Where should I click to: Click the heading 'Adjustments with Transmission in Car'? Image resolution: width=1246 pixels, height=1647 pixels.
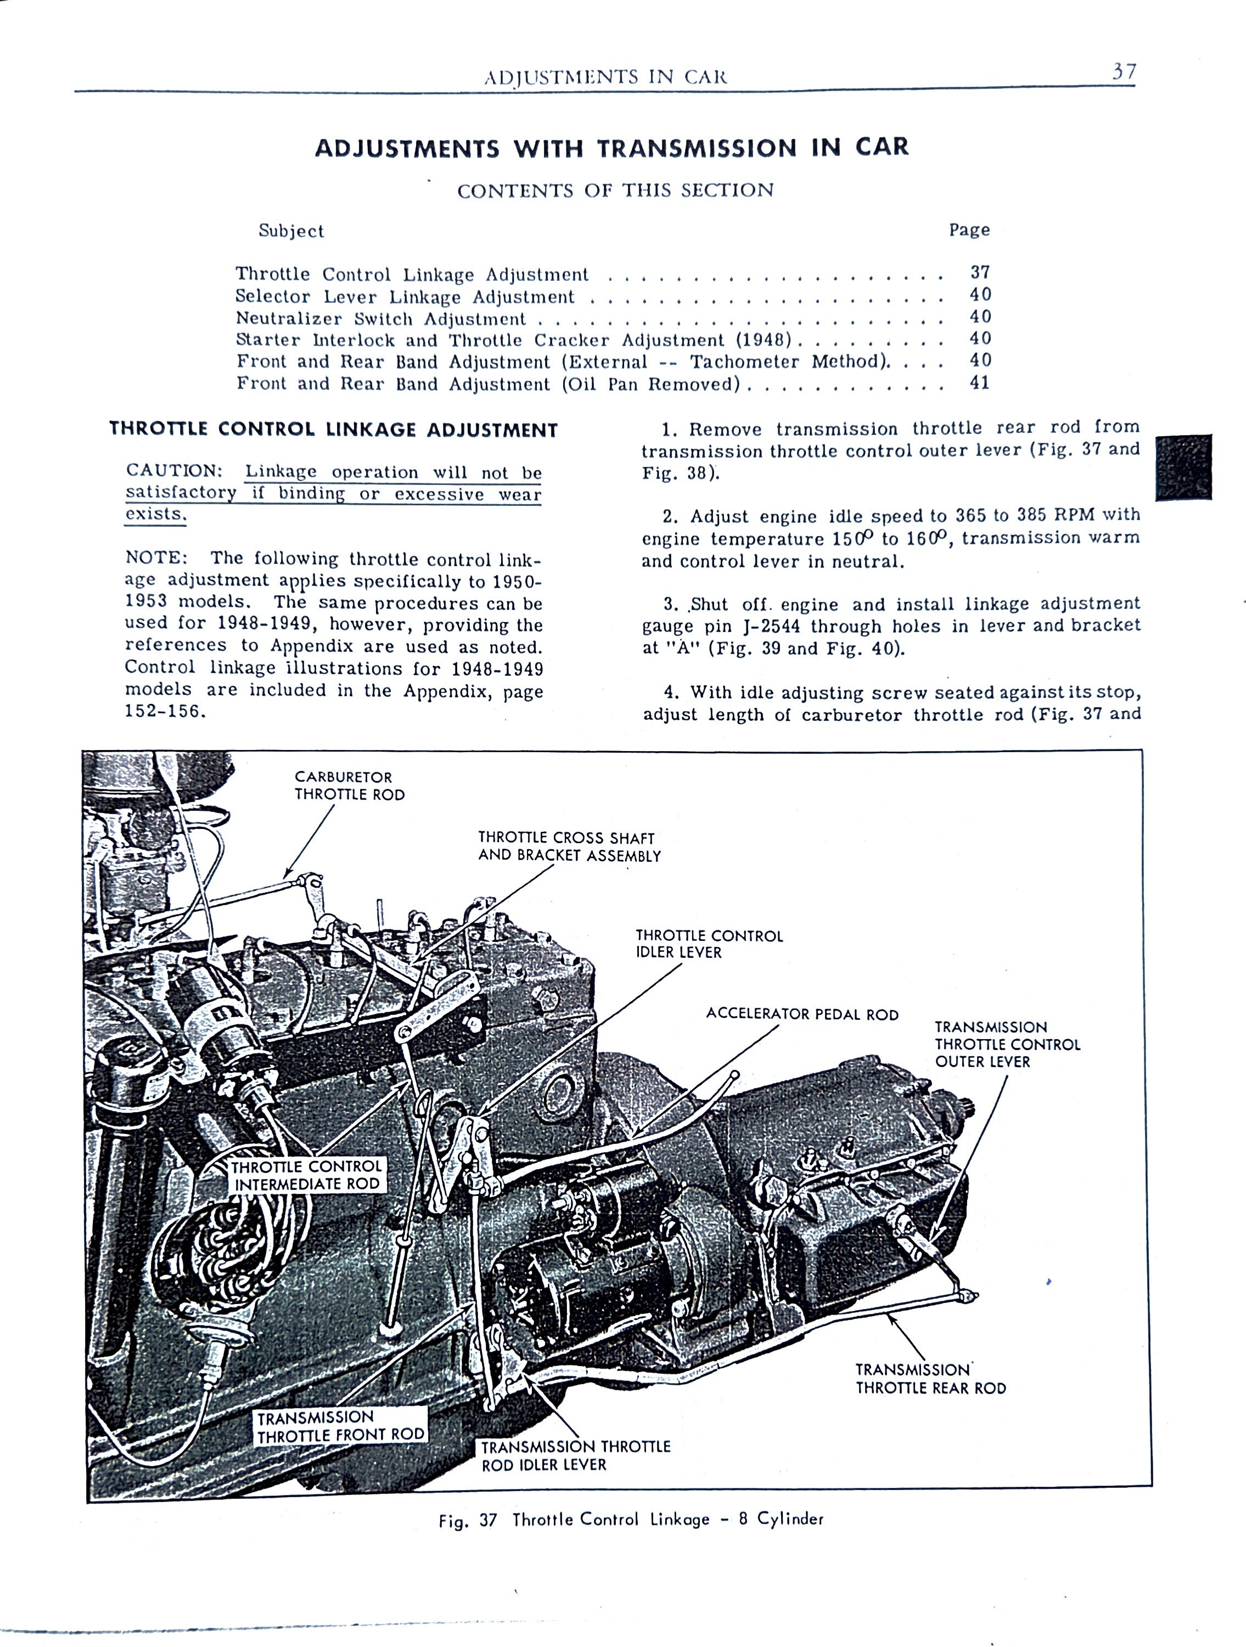pyautogui.click(x=611, y=148)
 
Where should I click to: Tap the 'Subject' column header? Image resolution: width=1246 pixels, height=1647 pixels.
pyautogui.click(x=291, y=231)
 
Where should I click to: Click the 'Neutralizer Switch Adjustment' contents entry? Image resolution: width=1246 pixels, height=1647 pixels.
pyautogui.click(x=380, y=319)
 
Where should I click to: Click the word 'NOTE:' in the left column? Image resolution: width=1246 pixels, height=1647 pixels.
pyautogui.click(x=156, y=557)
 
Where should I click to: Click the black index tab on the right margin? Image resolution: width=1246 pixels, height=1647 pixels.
pyautogui.click(x=1183, y=467)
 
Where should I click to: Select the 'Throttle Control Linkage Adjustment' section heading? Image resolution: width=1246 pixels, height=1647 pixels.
pyautogui.click(x=333, y=430)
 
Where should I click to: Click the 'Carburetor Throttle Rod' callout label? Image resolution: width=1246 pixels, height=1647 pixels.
pyautogui.click(x=349, y=786)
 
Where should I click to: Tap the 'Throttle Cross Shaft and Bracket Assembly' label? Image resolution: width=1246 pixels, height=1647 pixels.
pyautogui.click(x=569, y=847)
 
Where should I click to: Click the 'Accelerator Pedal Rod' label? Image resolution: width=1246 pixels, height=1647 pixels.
pyautogui.click(x=802, y=1014)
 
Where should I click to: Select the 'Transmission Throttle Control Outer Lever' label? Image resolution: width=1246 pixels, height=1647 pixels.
pyautogui.click(x=1007, y=1044)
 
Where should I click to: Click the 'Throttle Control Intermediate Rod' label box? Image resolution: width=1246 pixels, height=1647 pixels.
pyautogui.click(x=307, y=1175)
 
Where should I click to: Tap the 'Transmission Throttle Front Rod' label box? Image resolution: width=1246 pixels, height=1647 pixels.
pyautogui.click(x=340, y=1426)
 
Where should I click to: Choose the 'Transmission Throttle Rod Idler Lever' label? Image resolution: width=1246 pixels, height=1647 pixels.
pyautogui.click(x=575, y=1456)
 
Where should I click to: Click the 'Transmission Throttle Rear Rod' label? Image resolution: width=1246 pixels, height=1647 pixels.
pyautogui.click(x=930, y=1379)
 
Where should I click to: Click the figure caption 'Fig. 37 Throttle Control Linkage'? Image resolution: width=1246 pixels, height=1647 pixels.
pyautogui.click(x=631, y=1520)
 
